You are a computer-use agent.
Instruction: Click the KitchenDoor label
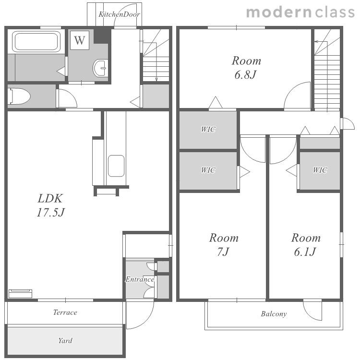tap(119, 14)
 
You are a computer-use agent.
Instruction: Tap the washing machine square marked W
tap(79, 40)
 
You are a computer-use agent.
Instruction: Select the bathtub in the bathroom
tap(36, 42)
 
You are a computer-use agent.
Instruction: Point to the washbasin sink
tap(100, 68)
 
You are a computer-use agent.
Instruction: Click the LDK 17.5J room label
tap(51, 205)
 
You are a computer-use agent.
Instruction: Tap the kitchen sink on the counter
tap(116, 166)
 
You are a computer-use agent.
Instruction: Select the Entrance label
tap(140, 279)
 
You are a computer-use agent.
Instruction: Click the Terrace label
tap(65, 312)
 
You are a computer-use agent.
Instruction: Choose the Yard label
tap(65, 340)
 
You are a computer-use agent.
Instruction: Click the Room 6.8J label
tap(246, 68)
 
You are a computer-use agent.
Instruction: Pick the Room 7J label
tap(223, 245)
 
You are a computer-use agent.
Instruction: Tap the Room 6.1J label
tap(306, 245)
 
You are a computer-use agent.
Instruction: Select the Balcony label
tap(274, 314)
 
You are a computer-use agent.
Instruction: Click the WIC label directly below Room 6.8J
tap(208, 129)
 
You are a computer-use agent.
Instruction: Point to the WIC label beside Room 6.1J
tap(320, 170)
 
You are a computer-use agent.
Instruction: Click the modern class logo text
tap(300, 12)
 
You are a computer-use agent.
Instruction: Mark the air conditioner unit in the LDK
tap(20, 294)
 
